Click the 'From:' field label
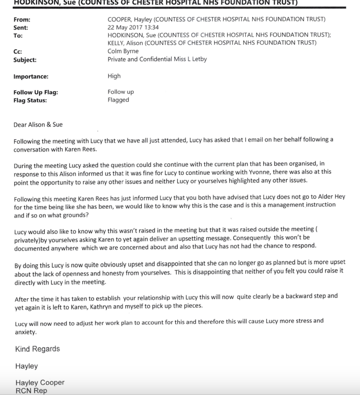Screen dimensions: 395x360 [22, 20]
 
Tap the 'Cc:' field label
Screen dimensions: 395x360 [19, 51]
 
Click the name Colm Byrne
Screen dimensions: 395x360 [123, 51]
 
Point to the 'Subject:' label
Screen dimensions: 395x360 [25, 60]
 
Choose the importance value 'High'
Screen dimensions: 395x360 [114, 76]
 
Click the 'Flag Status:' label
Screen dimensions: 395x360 [30, 100]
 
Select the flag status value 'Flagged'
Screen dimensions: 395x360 [118, 100]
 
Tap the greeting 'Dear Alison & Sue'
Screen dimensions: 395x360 [38, 125]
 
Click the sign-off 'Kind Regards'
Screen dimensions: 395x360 [37, 349]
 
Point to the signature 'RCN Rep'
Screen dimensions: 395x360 [31, 391]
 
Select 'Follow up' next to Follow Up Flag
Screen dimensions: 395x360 [121, 92]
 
